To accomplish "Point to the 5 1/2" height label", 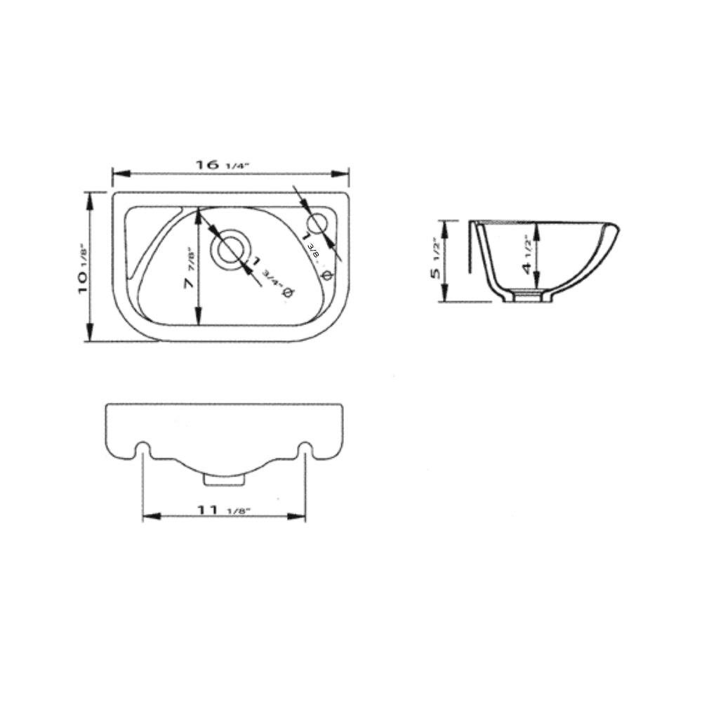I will point(437,258).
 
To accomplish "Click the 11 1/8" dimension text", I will point(224,510).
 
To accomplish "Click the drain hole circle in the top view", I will point(230,251).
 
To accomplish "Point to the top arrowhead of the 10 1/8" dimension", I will point(89,197).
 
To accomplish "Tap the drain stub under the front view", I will point(224,478).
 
